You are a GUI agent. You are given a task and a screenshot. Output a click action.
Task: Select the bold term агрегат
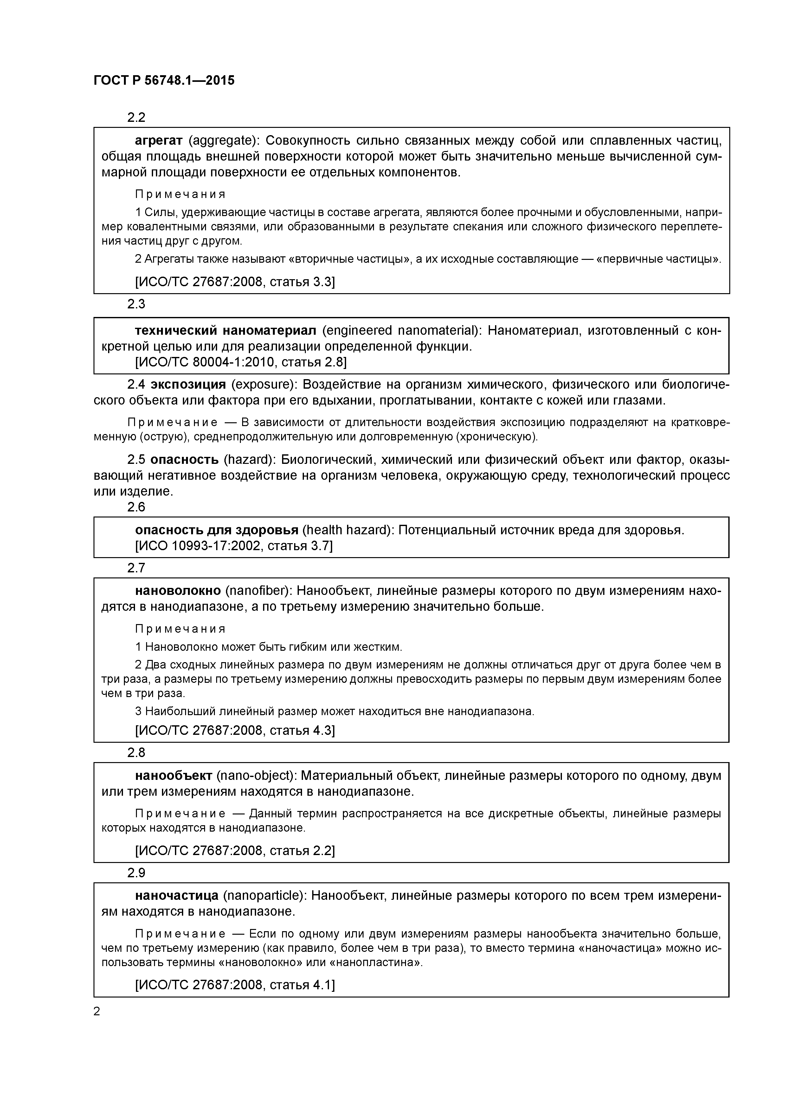158,141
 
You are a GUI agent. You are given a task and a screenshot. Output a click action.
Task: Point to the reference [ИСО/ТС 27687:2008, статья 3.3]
235,282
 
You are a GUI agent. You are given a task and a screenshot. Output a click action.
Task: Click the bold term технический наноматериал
225,331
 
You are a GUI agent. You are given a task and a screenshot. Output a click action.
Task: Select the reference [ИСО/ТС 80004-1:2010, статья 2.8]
240,362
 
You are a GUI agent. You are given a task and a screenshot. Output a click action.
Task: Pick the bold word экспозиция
188,385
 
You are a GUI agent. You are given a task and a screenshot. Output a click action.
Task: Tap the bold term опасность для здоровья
216,530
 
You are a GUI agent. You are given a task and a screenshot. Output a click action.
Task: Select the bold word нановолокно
178,591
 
